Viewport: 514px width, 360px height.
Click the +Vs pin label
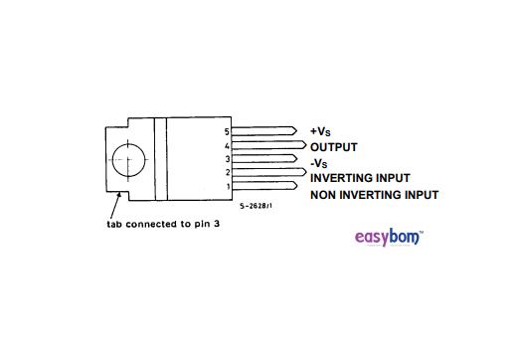pyautogui.click(x=320, y=131)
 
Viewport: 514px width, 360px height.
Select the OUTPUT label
pyautogui.click(x=334, y=146)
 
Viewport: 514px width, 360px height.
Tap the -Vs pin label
pyautogui.click(x=319, y=162)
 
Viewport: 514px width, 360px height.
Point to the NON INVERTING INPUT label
pyautogui.click(x=374, y=195)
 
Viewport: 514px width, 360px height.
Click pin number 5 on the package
pyautogui.click(x=227, y=131)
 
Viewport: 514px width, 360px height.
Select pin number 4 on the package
pyautogui.click(x=227, y=146)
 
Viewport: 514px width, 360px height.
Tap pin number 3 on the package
pyautogui.click(x=227, y=159)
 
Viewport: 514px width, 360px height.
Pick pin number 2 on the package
pyautogui.click(x=227, y=173)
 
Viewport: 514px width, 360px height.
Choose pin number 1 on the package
pyautogui.click(x=227, y=186)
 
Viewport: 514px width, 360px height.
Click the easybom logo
pyautogui.click(x=389, y=238)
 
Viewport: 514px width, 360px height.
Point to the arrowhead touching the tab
pyautogui.click(x=120, y=195)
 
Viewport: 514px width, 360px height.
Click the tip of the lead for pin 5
pyautogui.click(x=295, y=131)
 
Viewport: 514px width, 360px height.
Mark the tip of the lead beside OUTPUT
pyautogui.click(x=302, y=145)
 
